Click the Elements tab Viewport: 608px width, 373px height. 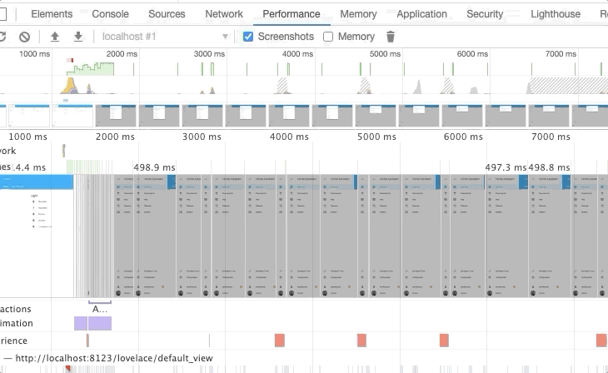pos(52,14)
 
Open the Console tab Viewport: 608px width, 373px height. pos(110,14)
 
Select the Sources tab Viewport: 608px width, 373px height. pos(167,14)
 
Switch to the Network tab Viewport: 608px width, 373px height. pos(224,14)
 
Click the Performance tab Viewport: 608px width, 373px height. pos(292,14)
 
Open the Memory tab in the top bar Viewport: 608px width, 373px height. pos(358,14)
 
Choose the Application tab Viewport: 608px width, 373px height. pos(421,14)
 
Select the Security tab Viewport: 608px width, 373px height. pos(485,14)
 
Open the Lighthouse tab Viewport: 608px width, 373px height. pos(556,14)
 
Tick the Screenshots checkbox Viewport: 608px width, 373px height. pos(248,37)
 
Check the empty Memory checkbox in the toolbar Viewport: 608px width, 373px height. pos(328,37)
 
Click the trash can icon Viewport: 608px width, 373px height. pos(391,37)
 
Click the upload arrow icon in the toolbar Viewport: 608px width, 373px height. pos(55,37)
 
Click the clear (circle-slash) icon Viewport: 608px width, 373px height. pos(25,37)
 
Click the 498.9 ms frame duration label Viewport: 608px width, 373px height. pos(154,167)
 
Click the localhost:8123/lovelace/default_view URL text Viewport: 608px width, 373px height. pos(114,358)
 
